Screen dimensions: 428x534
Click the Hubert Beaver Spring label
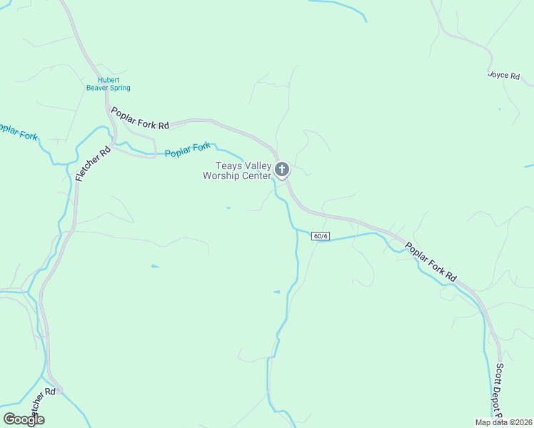(108, 84)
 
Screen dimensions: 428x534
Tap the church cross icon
(282, 169)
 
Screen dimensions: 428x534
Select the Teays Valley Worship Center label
(238, 170)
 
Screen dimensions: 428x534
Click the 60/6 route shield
(321, 236)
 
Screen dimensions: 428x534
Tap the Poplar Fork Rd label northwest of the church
(140, 118)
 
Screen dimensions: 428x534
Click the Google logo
(24, 419)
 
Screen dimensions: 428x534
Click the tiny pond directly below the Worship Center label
(228, 208)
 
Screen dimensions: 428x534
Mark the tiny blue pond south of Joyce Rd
(499, 109)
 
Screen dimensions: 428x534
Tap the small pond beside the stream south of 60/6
(277, 292)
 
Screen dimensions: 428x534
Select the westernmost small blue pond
(155, 266)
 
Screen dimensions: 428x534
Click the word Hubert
(109, 80)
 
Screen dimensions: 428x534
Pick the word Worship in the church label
(222, 175)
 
